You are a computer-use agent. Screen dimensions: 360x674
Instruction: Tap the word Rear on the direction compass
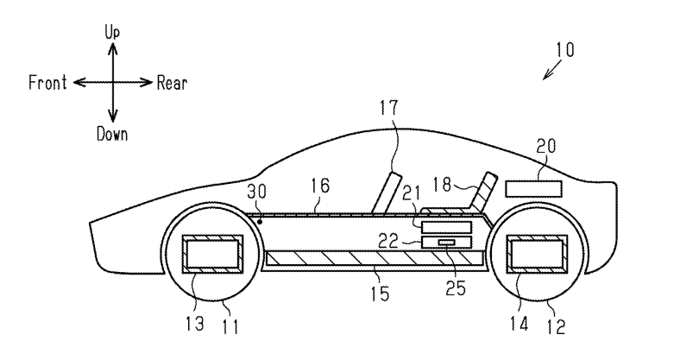pos(172,84)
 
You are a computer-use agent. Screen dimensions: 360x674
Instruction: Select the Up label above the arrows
pos(111,32)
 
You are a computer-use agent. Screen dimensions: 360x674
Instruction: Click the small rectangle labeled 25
pos(446,243)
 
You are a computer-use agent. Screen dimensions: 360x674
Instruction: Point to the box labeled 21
pos(446,225)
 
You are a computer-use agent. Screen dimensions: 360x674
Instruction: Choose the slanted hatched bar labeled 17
pos(384,191)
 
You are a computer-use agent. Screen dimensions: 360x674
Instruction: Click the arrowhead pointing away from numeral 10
pos(545,79)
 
